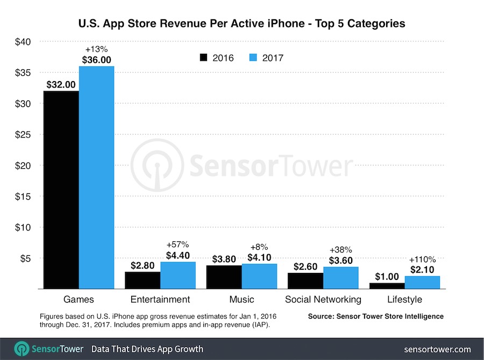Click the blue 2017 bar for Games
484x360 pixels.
click(x=96, y=177)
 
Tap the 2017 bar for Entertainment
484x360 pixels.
click(x=177, y=275)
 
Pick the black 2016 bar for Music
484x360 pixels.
click(x=224, y=277)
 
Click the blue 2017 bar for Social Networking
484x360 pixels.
click(x=340, y=278)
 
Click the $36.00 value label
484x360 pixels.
click(x=96, y=60)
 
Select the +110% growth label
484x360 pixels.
click(x=422, y=259)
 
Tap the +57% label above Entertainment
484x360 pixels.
click(x=177, y=245)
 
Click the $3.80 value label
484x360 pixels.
click(x=224, y=259)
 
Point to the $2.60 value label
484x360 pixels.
click(x=305, y=267)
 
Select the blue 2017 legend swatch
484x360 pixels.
click(x=254, y=57)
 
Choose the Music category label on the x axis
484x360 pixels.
click(x=241, y=299)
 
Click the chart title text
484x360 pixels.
click(x=241, y=24)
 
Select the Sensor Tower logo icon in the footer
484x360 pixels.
click(x=22, y=349)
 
